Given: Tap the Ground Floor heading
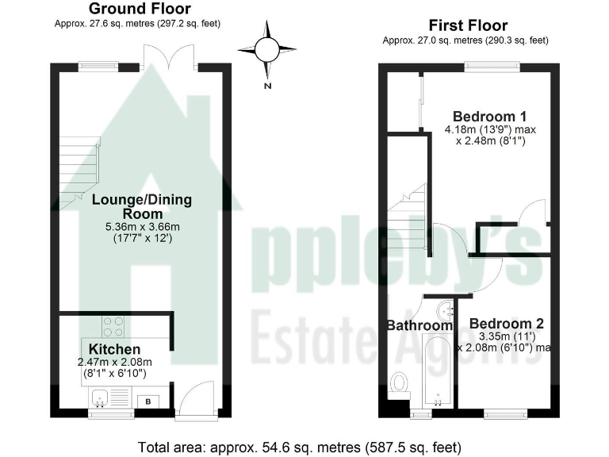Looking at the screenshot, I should click(x=139, y=10).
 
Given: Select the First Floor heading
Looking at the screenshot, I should click(x=468, y=25).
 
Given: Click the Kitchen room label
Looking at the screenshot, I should click(x=114, y=349).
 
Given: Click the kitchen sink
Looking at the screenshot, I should click(x=100, y=398).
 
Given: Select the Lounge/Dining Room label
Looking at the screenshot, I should click(x=142, y=206).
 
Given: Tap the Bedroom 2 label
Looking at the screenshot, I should click(x=506, y=324).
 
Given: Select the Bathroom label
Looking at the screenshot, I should click(x=419, y=325).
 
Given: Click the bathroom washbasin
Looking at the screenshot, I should click(x=445, y=308).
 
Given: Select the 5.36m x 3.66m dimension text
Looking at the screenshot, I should click(x=140, y=227).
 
